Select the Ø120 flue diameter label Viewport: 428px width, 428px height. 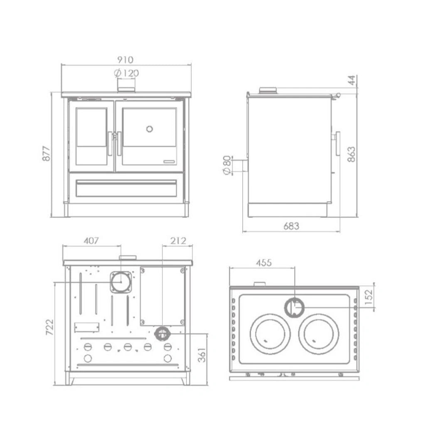(x=126, y=74)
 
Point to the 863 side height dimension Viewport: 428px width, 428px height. (x=352, y=154)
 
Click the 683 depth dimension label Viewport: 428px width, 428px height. (x=291, y=226)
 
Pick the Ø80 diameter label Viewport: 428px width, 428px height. (x=227, y=165)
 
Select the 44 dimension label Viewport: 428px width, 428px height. (x=352, y=81)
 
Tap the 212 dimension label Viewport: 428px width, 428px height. (x=178, y=241)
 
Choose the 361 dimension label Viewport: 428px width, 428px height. (x=202, y=354)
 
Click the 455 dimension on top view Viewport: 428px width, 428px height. (x=263, y=263)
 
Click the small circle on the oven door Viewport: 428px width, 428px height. (x=150, y=129)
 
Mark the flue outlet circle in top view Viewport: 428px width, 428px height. (x=294, y=308)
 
